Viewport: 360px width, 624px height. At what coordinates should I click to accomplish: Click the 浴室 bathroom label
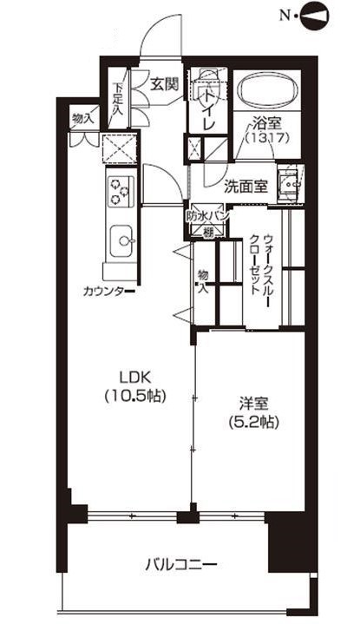pos(266,124)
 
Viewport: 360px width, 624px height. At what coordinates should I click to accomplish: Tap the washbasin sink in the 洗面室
pos(289,183)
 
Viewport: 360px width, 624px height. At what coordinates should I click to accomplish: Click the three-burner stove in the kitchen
pos(120,189)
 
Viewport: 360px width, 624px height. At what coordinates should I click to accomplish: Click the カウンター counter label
pos(106,292)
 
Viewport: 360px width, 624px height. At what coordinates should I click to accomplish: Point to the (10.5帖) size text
pos(135,395)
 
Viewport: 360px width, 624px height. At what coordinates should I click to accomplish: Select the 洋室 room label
pos(254,404)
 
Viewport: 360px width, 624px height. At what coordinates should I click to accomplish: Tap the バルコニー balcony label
pos(180,565)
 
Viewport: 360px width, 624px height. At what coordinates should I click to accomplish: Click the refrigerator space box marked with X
pos(119,149)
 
